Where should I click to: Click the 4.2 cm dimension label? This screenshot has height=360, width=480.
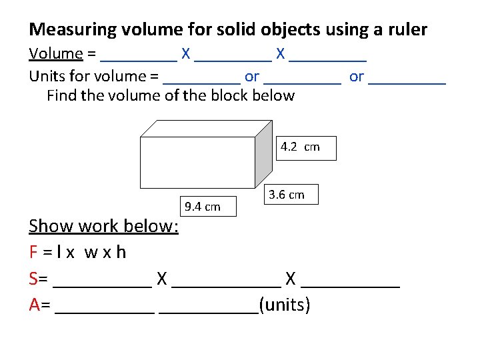click(x=300, y=147)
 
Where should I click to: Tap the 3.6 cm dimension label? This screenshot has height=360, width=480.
click(x=286, y=195)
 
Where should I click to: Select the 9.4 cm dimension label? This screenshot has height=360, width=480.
click(x=202, y=207)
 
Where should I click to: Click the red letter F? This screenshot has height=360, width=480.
click(x=33, y=253)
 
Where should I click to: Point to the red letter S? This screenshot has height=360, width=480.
click(x=33, y=279)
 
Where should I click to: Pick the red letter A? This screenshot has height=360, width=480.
click(x=34, y=305)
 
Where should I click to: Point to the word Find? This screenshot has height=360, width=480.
click(x=62, y=95)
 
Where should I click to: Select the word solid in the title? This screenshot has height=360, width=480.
click(x=233, y=30)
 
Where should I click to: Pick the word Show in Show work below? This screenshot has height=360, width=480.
click(x=51, y=226)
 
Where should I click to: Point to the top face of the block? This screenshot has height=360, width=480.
click(x=207, y=128)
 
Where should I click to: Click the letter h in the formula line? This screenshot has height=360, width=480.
click(x=121, y=253)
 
